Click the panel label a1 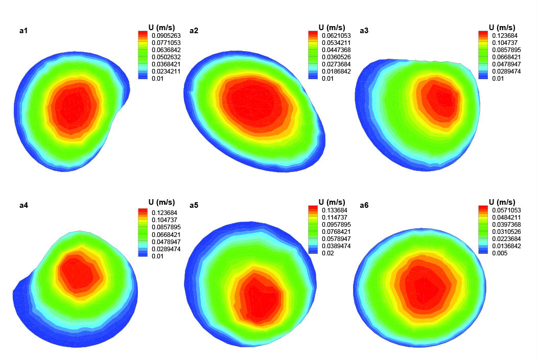point(24,31)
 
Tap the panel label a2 point(194,31)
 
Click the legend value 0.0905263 point(165,35)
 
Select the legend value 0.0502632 point(165,58)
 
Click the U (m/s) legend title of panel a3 point(502,27)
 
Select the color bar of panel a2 point(313,54)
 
